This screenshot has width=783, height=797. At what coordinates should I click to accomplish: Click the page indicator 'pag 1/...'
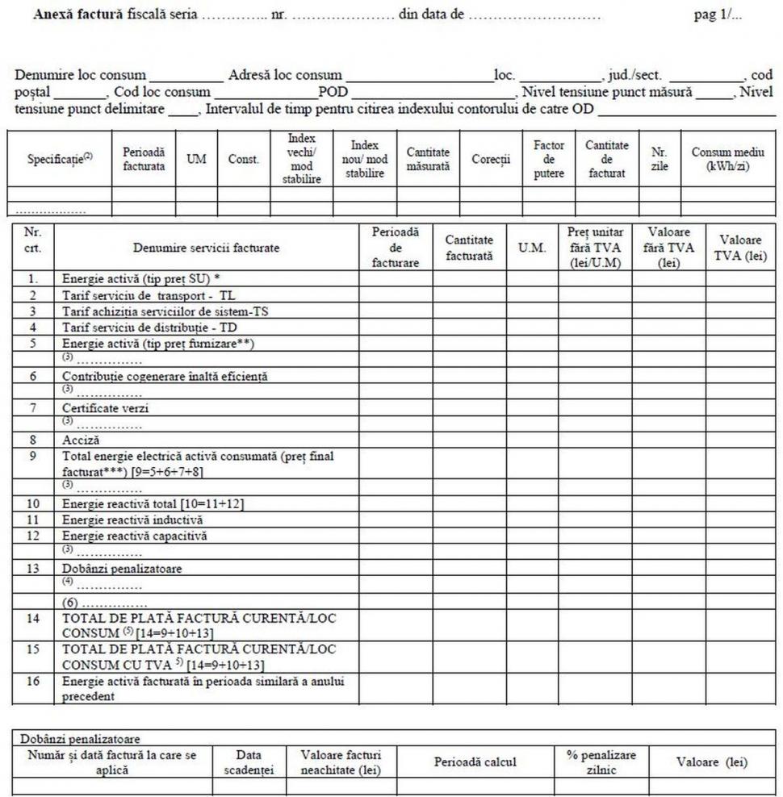pyautogui.click(x=718, y=16)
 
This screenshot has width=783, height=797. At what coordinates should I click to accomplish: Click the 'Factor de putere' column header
pyautogui.click(x=549, y=159)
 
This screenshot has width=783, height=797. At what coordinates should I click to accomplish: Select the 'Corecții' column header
pyautogui.click(x=491, y=159)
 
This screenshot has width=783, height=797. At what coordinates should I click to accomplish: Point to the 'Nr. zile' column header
pyautogui.click(x=659, y=159)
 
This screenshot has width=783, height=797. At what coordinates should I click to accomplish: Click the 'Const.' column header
pyautogui.click(x=243, y=159)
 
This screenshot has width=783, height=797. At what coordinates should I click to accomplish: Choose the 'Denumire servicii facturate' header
pyautogui.click(x=207, y=248)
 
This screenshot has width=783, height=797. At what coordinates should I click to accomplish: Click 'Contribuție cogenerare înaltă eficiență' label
pyautogui.click(x=165, y=376)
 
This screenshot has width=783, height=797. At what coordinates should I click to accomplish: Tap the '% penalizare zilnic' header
pyautogui.click(x=601, y=762)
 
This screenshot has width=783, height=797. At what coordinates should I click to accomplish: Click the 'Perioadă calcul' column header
pyautogui.click(x=475, y=762)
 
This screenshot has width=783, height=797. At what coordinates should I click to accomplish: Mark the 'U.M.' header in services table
pyautogui.click(x=532, y=248)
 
